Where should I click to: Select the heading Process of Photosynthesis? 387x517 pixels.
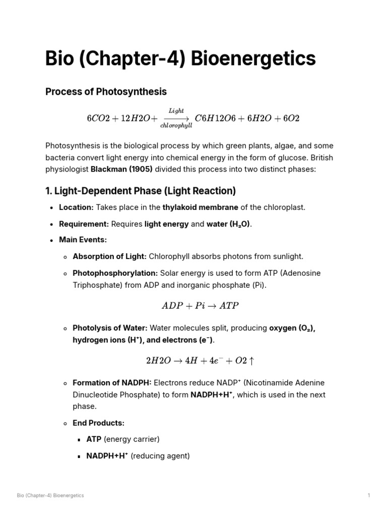click(x=106, y=92)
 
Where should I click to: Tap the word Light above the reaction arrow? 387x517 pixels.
click(x=176, y=111)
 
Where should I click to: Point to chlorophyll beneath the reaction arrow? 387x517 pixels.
click(x=176, y=125)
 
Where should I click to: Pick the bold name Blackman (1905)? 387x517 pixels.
click(x=121, y=170)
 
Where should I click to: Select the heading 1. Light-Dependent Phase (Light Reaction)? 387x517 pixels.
click(x=141, y=191)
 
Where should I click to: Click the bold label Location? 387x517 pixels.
click(x=76, y=208)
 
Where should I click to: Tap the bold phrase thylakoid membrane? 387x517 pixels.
click(x=201, y=208)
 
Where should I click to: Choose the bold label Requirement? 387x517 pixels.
click(x=84, y=224)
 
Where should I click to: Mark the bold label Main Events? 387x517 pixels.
click(x=83, y=240)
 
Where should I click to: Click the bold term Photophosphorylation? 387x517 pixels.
click(x=115, y=273)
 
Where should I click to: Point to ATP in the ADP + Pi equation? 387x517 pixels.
click(x=229, y=306)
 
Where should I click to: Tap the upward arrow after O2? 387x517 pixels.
click(x=251, y=361)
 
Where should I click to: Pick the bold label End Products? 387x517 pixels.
click(x=98, y=423)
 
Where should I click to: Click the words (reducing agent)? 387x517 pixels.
click(x=160, y=456)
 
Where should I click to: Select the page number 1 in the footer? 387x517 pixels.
click(x=369, y=495)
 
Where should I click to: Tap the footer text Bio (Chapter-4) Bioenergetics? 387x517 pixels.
click(x=50, y=495)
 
